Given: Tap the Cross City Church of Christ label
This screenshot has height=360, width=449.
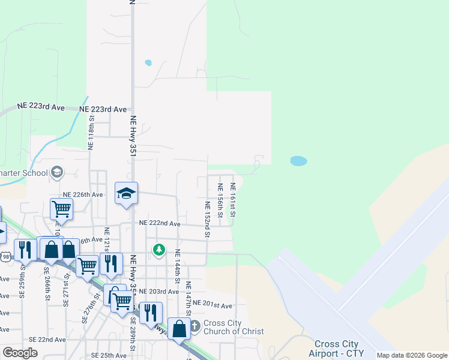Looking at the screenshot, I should click(233, 327).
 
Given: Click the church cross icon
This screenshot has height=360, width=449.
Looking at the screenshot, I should click(194, 327).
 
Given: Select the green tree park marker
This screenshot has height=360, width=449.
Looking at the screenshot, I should click(158, 249).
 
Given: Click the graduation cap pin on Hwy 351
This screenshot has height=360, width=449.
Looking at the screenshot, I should click(126, 194).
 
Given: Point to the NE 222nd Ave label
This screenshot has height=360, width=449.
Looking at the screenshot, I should click(160, 223).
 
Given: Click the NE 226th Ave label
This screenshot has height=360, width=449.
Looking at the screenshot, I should click(83, 194).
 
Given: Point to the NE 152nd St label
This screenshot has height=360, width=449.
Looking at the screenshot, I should click(206, 219).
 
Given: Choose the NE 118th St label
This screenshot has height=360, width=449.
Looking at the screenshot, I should click(91, 137).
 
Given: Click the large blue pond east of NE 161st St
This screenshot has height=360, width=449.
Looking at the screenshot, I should click(298, 161).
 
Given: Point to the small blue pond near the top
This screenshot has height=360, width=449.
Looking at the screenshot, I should click(148, 62).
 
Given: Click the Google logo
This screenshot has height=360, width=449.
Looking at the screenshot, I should click(20, 352).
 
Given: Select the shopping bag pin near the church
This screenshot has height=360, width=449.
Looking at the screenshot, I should click(179, 328).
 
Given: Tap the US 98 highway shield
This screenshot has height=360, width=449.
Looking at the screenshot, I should click(5, 257).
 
